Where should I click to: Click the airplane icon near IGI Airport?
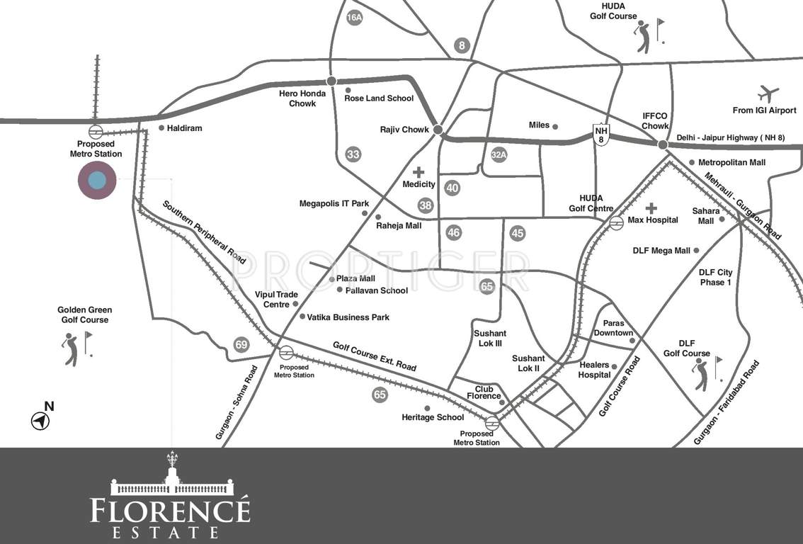768,93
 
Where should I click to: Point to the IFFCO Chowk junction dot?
663,144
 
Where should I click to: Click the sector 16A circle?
355,18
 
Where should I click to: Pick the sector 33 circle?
353,154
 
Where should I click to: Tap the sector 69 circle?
241,345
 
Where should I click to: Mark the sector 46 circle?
454,232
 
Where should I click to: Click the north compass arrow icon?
41,421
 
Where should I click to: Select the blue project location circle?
97,180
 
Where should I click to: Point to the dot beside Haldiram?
161,128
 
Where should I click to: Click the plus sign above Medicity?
418,172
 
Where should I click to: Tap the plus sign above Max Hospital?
651,208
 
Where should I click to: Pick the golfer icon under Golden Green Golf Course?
71,349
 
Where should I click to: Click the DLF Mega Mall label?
661,251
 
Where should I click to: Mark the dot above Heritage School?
427,408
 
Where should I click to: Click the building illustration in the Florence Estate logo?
172,480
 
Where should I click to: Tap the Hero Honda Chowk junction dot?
331,81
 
